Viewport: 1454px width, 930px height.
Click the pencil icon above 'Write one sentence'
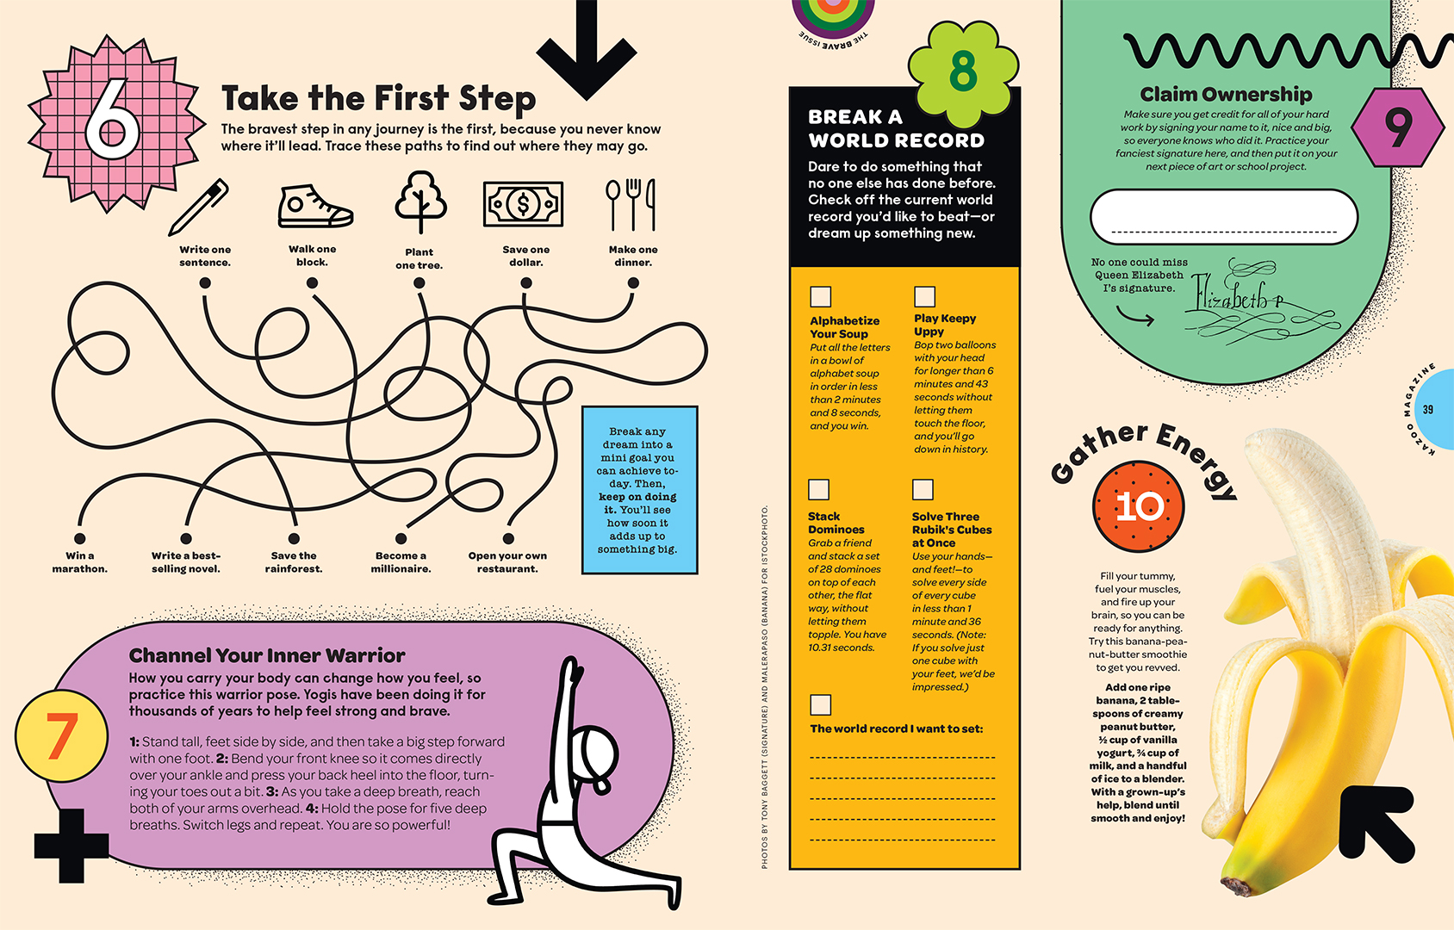pyautogui.click(x=198, y=207)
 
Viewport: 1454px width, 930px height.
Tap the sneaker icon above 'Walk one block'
pyautogui.click(x=315, y=207)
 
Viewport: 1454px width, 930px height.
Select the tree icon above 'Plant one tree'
pyautogui.click(x=420, y=201)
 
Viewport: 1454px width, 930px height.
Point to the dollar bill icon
pyautogui.click(x=523, y=204)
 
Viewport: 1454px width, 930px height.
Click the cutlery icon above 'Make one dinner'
pyautogui.click(x=631, y=204)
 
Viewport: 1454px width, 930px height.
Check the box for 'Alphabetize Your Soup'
pyautogui.click(x=821, y=296)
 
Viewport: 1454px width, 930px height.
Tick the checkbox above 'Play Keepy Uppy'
pyautogui.click(x=924, y=296)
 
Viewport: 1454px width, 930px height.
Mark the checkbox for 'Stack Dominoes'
pyautogui.click(x=818, y=489)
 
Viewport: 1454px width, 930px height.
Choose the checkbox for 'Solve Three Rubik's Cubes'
pyautogui.click(x=923, y=489)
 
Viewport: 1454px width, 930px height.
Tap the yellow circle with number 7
pyautogui.click(x=62, y=735)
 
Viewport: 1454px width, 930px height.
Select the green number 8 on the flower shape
pyautogui.click(x=963, y=71)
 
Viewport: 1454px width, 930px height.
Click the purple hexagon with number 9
pyautogui.click(x=1397, y=127)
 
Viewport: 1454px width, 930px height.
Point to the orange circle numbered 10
pyautogui.click(x=1139, y=506)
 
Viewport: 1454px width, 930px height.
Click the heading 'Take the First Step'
pyautogui.click(x=378, y=99)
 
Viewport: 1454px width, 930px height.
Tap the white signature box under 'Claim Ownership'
pyautogui.click(x=1223, y=217)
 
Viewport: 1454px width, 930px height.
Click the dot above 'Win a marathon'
pyautogui.click(x=80, y=538)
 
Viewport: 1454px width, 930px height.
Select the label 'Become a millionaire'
pyautogui.click(x=401, y=562)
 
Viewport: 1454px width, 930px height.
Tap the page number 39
pyautogui.click(x=1428, y=410)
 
